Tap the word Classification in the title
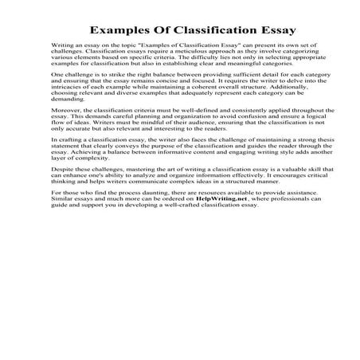[201, 29]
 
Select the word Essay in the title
[275, 29]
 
